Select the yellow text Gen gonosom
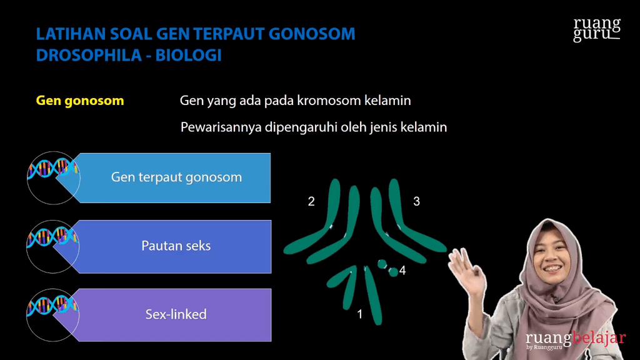(x=80, y=101)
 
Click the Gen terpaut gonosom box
(x=176, y=177)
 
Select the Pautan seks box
(x=176, y=246)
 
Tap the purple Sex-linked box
(x=176, y=314)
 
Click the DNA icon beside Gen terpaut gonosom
(x=52, y=177)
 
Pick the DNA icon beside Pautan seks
(x=52, y=246)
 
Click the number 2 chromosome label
(x=311, y=201)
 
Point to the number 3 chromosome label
(x=416, y=201)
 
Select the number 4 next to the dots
(x=402, y=271)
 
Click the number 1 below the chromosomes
(x=359, y=314)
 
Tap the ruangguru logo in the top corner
(x=597, y=29)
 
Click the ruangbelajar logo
(x=575, y=339)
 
